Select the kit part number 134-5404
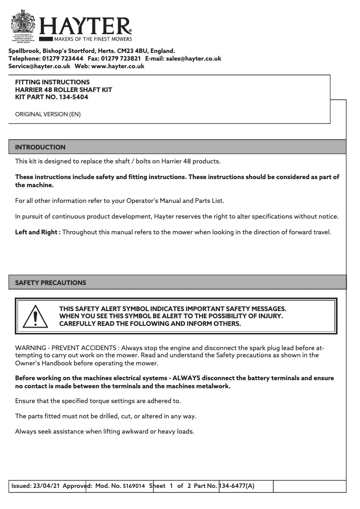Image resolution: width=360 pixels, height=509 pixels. (74, 97)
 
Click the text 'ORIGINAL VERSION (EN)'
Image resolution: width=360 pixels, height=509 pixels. (48, 114)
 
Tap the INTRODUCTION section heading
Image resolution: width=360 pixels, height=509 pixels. (40, 147)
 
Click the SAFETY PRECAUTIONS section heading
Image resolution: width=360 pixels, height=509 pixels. (51, 283)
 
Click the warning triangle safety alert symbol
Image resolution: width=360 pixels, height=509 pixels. (34, 316)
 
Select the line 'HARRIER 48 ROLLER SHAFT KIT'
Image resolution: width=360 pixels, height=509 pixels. (64, 90)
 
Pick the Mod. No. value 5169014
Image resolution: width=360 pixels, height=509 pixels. (134, 486)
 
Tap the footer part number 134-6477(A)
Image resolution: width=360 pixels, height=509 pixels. (237, 486)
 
